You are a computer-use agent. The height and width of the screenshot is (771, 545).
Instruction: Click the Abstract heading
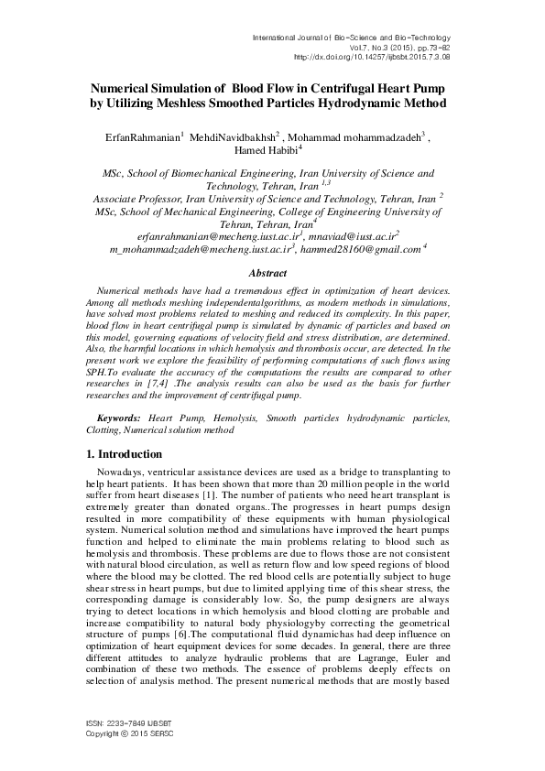[272, 273]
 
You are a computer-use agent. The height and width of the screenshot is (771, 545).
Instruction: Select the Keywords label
[120, 416]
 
